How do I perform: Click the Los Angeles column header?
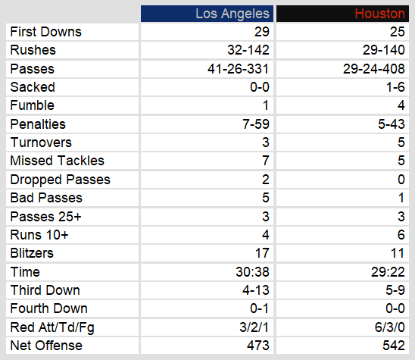point(232,14)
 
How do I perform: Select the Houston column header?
point(380,14)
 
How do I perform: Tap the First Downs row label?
point(45,32)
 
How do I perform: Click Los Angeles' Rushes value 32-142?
point(248,50)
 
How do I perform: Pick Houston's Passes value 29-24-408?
point(374,69)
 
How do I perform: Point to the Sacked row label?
point(33,87)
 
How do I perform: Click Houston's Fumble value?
point(401,105)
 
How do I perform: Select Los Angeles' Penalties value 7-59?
point(256,124)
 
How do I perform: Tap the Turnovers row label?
point(41,142)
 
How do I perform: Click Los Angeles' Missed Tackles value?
point(266,161)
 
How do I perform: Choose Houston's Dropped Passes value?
point(401,180)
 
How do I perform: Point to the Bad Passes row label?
point(46,198)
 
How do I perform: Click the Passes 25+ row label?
point(45,217)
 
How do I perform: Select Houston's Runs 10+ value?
point(401,235)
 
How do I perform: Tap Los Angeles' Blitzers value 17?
point(262,253)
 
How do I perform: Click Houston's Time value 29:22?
point(388,272)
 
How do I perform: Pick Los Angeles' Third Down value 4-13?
point(256,290)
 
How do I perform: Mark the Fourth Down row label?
point(49,308)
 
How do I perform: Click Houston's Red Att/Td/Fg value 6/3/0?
point(390,327)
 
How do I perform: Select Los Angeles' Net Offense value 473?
point(258,346)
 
